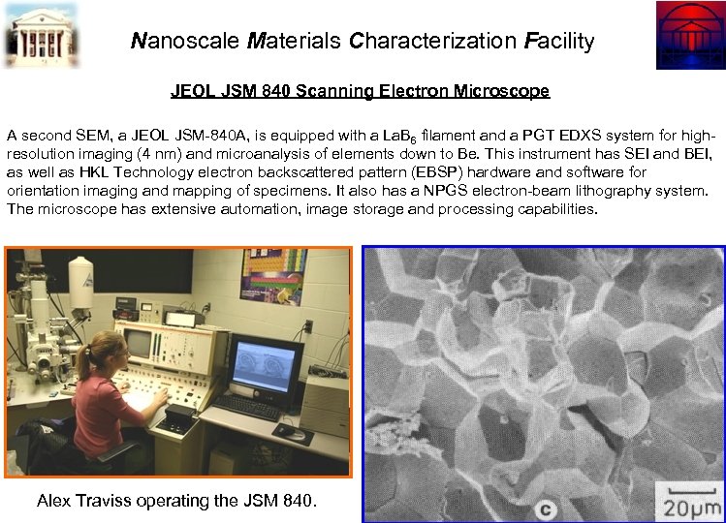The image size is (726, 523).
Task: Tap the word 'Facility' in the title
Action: pos(558,41)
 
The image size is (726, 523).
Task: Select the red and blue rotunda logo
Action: pos(689,34)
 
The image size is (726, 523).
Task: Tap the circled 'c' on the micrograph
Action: pos(547,507)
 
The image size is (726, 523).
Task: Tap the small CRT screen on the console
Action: pos(140,342)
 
